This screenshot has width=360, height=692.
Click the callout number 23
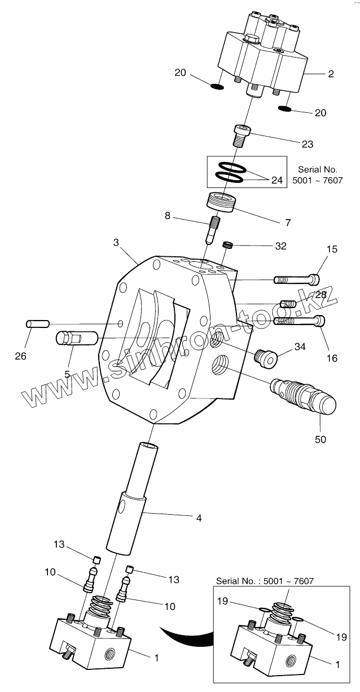click(x=307, y=144)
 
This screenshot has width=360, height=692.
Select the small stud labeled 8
click(x=213, y=229)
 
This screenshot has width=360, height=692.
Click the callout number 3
click(x=116, y=242)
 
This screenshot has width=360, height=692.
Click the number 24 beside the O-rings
click(x=277, y=181)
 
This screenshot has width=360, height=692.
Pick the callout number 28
click(x=321, y=295)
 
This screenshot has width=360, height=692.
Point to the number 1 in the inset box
click(x=338, y=664)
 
